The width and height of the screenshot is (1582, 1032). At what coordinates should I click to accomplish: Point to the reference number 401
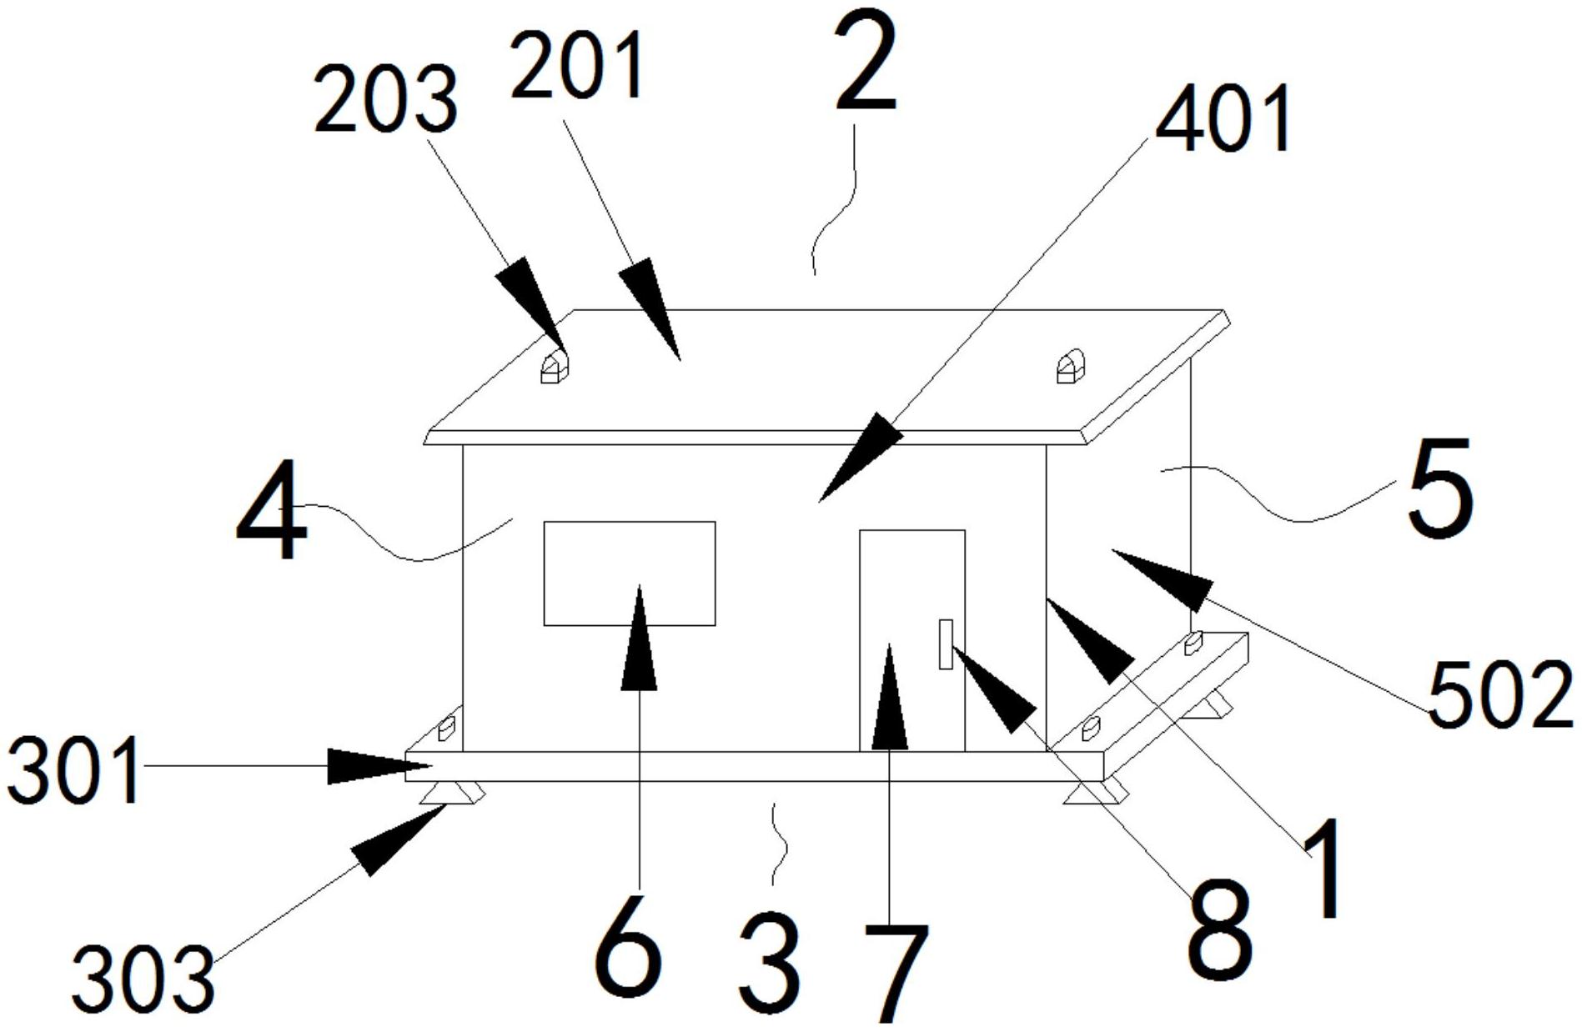(1223, 119)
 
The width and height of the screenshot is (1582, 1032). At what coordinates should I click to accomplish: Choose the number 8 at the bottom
(1220, 932)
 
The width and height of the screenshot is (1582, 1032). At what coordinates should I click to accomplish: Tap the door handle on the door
(946, 644)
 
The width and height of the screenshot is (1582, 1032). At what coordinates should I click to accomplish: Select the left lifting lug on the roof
(552, 368)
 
